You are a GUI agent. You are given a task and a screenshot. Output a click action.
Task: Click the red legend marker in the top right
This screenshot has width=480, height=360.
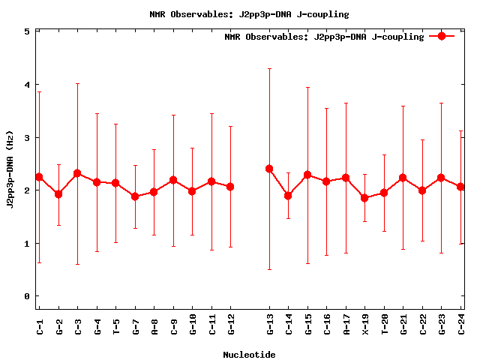click(x=442, y=36)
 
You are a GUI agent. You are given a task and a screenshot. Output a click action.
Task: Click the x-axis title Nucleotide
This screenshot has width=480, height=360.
click(x=249, y=355)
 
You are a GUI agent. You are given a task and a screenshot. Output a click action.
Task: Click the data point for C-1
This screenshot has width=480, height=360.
click(x=39, y=177)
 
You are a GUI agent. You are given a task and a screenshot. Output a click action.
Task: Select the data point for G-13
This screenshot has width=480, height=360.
click(x=269, y=169)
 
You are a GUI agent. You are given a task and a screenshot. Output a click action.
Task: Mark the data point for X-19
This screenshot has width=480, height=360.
click(x=365, y=198)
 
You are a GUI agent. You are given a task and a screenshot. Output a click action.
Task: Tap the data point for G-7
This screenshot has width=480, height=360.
click(x=135, y=196)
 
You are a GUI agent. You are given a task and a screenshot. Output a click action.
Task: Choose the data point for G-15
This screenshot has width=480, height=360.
click(x=307, y=175)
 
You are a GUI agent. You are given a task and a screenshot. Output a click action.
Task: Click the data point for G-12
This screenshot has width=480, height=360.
click(x=230, y=187)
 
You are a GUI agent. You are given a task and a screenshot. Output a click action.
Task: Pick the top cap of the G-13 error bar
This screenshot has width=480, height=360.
click(x=269, y=69)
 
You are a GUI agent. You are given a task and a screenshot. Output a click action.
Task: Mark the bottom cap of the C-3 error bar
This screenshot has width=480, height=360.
click(x=77, y=264)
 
